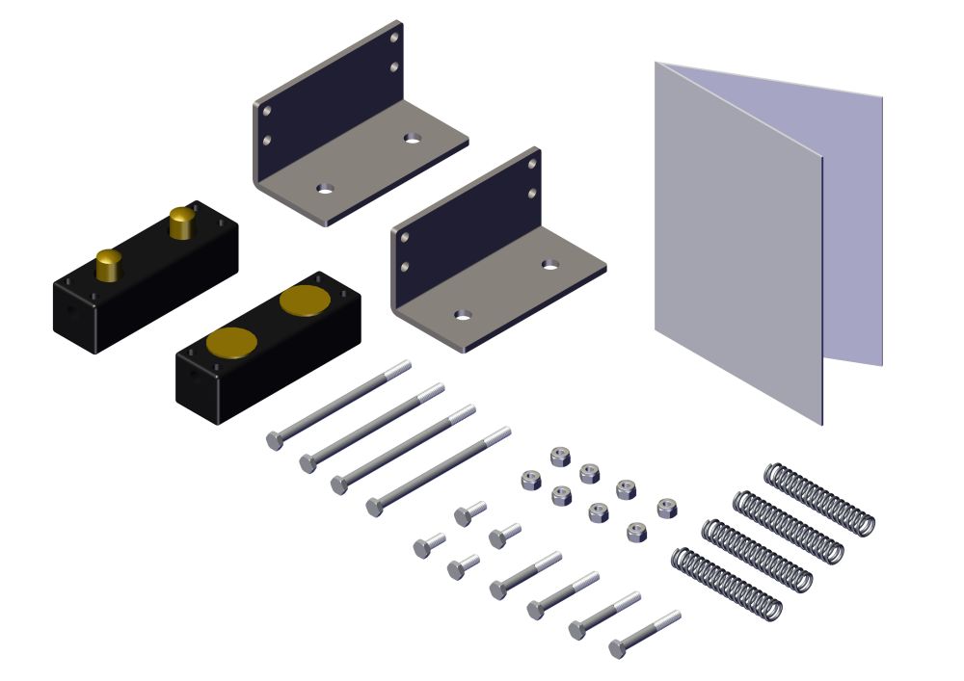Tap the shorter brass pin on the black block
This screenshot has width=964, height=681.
109,263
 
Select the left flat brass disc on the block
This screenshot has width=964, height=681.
231,343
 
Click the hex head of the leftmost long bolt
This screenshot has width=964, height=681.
275,440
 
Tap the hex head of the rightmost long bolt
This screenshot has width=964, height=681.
374,507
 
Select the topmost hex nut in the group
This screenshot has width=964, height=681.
558,455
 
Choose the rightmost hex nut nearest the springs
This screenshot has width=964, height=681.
665,507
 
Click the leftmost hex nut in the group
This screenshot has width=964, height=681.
529,479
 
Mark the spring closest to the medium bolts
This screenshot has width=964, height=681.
726,584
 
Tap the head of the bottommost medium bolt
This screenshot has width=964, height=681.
617,648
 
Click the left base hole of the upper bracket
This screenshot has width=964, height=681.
326,186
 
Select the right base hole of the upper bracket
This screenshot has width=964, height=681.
413,138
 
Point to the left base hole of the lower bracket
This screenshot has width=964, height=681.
464,315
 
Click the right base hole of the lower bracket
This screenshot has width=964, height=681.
550,264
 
